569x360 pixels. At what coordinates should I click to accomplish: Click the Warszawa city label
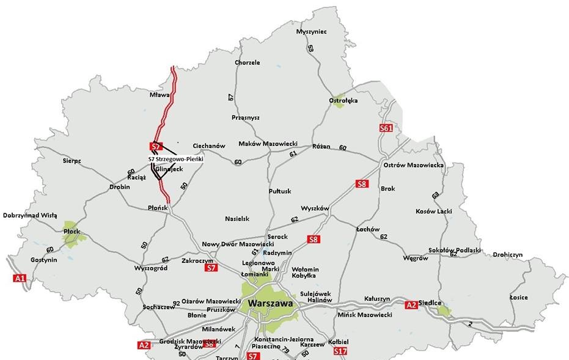267,303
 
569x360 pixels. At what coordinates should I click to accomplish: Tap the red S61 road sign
385,128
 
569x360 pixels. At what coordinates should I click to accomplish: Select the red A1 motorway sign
20,278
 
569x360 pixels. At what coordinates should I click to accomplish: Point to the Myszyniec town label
311,31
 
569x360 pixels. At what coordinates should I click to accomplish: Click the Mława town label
159,95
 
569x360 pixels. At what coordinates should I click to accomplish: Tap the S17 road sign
340,351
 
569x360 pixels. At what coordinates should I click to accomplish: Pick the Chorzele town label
247,62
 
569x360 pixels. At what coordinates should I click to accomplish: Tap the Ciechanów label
209,146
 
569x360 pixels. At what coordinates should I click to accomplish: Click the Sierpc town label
72,161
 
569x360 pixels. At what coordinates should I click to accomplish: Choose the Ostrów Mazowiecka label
414,165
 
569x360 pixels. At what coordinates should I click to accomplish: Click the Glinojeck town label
169,168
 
